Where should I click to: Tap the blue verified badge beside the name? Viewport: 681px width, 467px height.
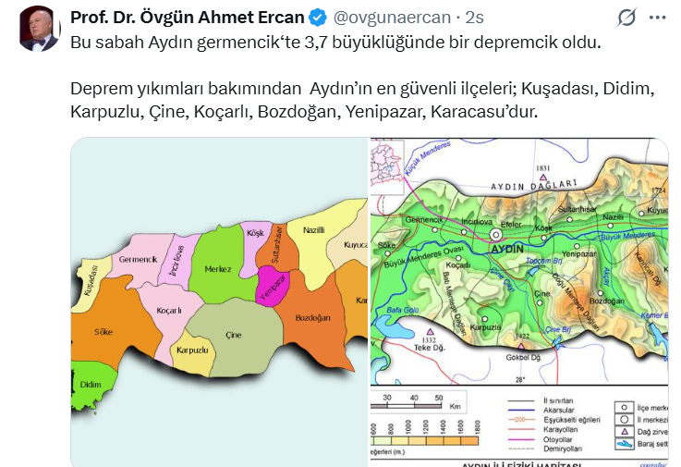click(x=316, y=18)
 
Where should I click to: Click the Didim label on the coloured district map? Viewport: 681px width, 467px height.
click(x=91, y=384)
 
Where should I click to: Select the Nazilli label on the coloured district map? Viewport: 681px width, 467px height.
click(x=313, y=228)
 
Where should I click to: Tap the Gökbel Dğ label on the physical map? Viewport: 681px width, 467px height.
click(x=523, y=356)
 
